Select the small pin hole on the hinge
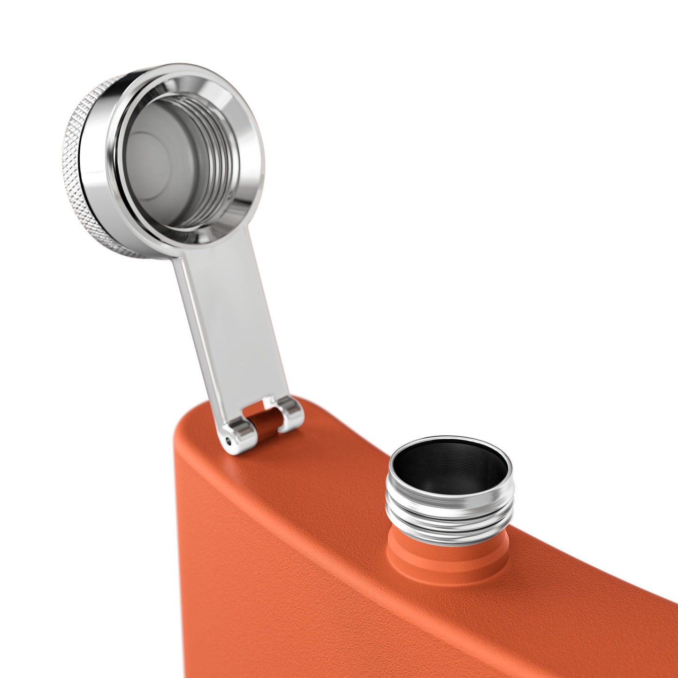229,440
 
